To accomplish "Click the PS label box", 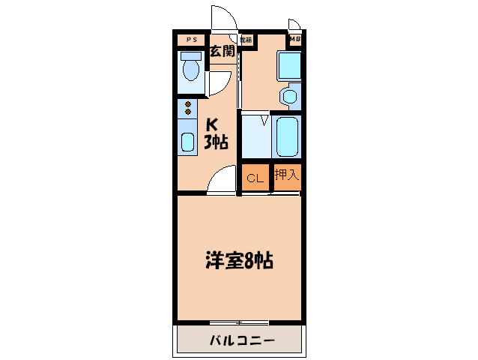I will (191, 40).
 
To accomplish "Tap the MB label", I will (295, 40).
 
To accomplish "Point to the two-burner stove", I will (187, 109).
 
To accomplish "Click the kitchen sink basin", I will (187, 141).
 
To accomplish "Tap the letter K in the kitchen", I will (212, 125).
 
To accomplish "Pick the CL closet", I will (255, 178).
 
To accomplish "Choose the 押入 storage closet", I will (286, 176).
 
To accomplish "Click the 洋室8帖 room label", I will (238, 261).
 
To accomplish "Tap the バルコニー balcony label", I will (240, 341).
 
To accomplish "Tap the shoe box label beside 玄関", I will (246, 39).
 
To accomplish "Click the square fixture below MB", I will (288, 65).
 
